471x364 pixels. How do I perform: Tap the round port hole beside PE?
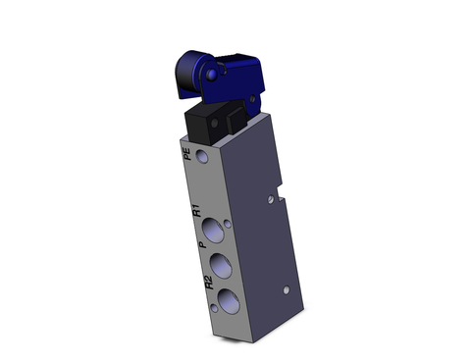click(x=203, y=157)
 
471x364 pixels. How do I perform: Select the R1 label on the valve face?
click(x=197, y=210)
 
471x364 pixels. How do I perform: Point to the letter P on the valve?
click(x=200, y=246)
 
